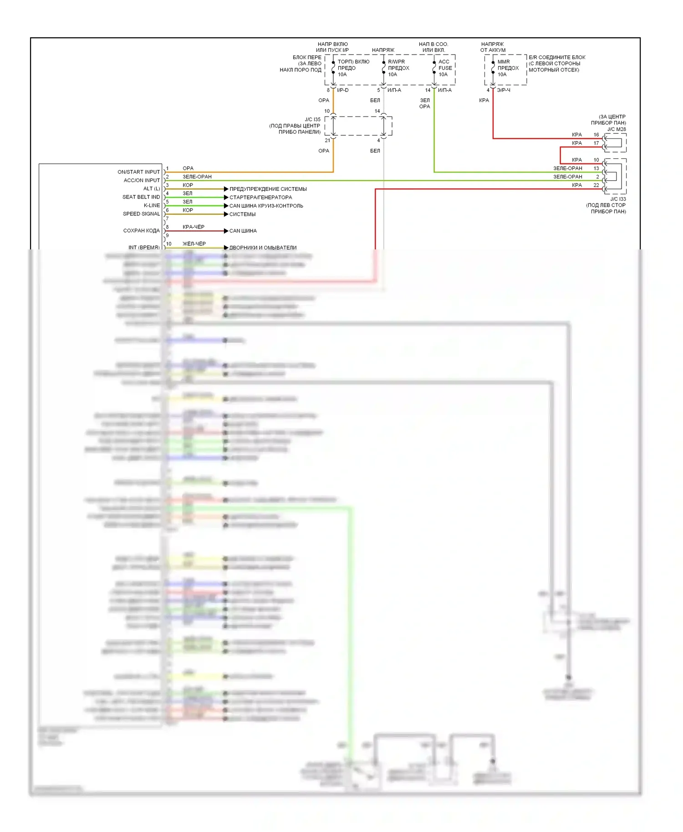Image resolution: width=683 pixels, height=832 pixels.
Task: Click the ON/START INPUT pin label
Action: click(138, 172)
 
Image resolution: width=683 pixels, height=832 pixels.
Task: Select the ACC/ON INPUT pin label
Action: click(142, 180)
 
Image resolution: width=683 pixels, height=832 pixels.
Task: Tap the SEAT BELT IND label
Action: click(141, 197)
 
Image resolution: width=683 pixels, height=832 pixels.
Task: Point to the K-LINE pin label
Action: click(152, 205)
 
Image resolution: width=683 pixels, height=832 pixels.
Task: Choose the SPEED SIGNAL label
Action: click(141, 214)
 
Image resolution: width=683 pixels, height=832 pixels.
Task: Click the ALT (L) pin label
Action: click(152, 188)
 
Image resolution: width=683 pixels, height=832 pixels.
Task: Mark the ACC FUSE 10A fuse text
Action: click(444, 68)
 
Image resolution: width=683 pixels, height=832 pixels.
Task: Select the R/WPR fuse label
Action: click(396, 62)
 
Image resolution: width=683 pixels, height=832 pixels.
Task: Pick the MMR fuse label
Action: click(504, 62)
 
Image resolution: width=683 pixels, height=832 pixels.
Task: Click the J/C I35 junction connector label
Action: click(312, 120)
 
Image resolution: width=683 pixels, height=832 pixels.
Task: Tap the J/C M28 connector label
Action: click(616, 129)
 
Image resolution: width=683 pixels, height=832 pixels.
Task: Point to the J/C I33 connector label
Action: click(618, 199)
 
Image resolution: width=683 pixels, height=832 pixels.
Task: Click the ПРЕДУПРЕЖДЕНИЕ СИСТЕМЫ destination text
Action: click(268, 189)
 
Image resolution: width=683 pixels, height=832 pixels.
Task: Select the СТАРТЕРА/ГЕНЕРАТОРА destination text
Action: click(260, 198)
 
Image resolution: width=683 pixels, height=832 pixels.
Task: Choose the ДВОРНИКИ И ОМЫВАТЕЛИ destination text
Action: click(263, 248)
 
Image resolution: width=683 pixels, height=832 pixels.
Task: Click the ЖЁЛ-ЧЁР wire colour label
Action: click(194, 244)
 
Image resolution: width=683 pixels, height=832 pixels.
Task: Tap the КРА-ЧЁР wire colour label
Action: click(194, 227)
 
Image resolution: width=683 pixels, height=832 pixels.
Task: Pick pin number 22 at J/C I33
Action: click(596, 185)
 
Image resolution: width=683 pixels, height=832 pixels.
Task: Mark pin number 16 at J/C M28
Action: click(596, 135)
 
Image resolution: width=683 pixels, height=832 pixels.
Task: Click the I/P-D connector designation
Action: click(342, 90)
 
